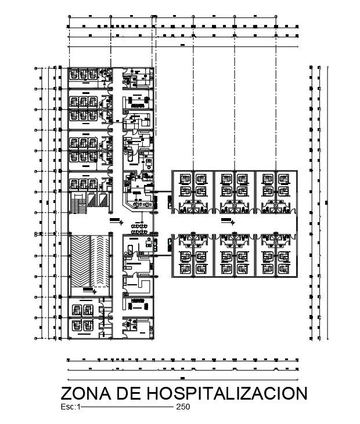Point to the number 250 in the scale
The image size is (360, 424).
183,407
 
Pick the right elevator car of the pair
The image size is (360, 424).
105,200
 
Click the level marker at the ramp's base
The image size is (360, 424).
87,289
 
